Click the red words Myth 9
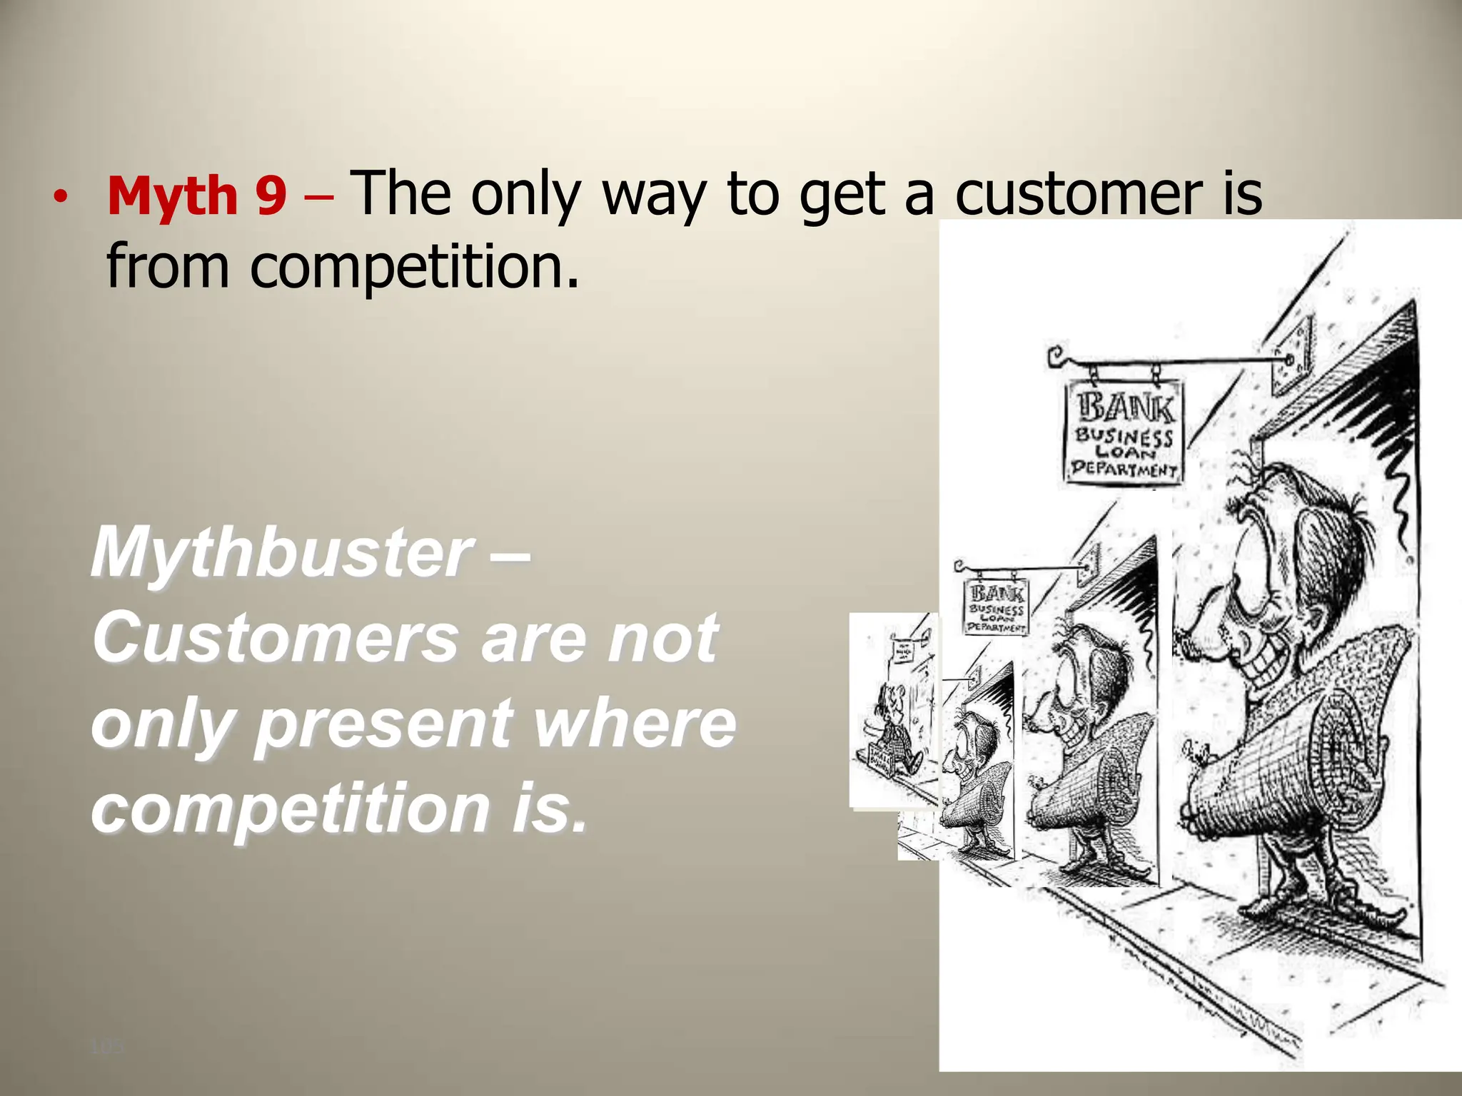197,196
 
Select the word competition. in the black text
414,265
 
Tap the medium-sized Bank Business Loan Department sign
997,607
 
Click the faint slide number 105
107,1047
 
